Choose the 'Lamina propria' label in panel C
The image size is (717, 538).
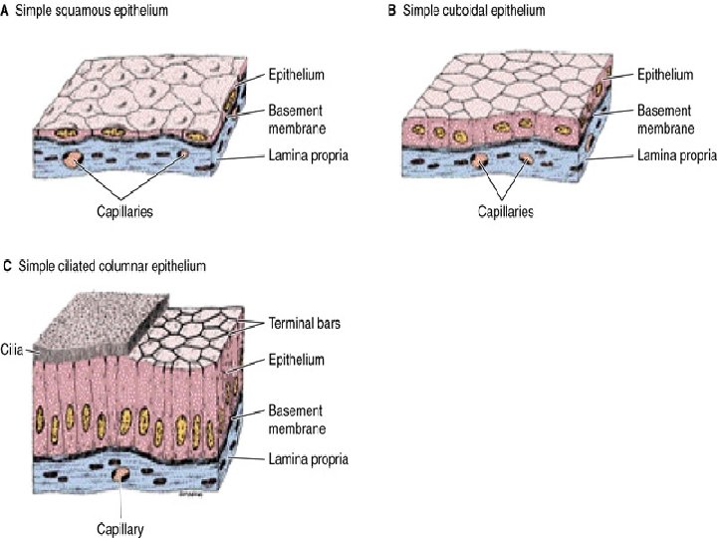(x=307, y=458)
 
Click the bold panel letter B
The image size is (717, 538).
(x=391, y=10)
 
